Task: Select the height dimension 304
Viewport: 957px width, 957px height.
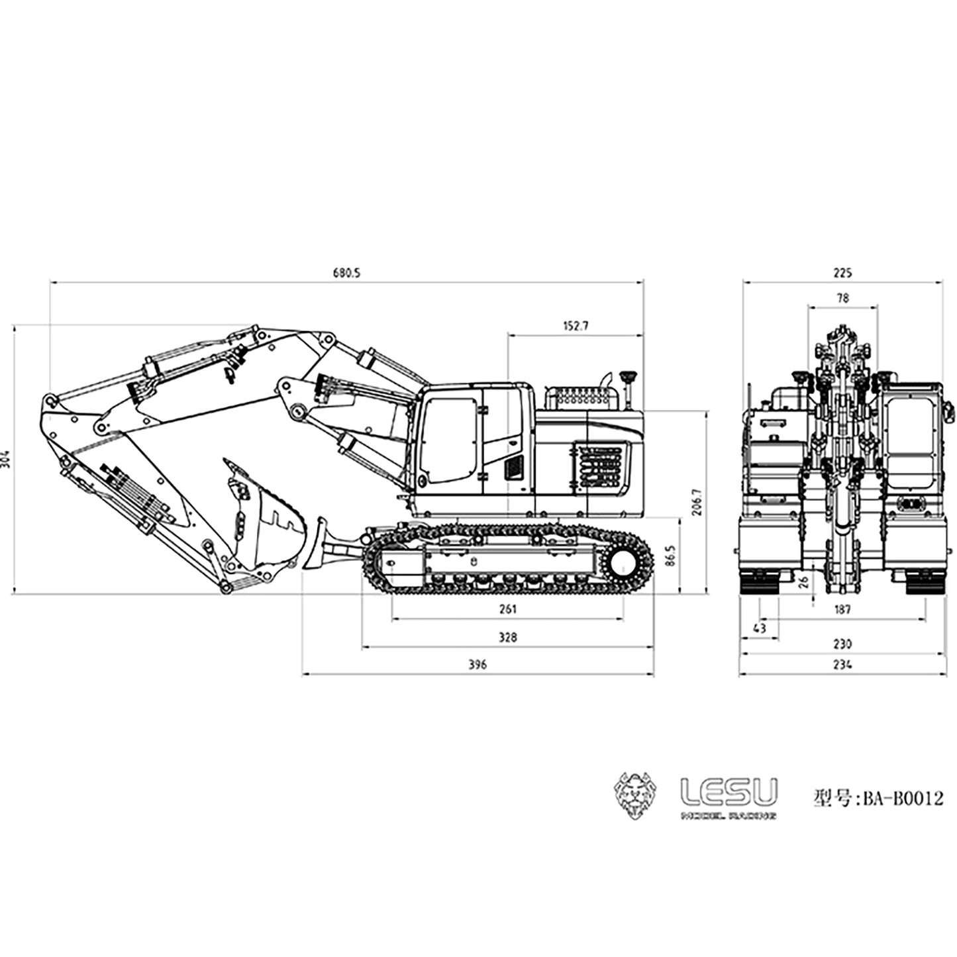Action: tap(6, 458)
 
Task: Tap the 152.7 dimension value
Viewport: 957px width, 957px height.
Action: tap(575, 326)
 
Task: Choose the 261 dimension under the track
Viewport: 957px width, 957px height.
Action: tap(507, 609)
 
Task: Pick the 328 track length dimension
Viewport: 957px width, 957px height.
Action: tap(507, 638)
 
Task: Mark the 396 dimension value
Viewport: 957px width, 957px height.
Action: tap(477, 664)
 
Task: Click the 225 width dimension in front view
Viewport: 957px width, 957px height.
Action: tap(842, 273)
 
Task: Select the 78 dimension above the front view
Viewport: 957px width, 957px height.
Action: tap(842, 299)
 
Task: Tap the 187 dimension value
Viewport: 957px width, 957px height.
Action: tap(842, 609)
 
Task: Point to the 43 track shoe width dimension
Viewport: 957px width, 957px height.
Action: tap(760, 628)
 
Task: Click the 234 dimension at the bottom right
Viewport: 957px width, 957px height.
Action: tap(842, 664)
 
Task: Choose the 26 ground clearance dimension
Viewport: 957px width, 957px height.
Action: tap(803, 582)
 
